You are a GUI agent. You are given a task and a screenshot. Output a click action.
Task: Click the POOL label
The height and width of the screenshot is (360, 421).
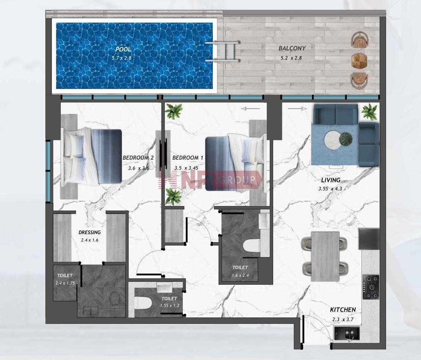[x=123, y=50]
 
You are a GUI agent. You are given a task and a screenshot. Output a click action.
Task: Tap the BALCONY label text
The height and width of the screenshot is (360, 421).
[x=292, y=48]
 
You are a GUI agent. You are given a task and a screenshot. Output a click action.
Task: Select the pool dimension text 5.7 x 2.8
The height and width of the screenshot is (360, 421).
[x=122, y=58]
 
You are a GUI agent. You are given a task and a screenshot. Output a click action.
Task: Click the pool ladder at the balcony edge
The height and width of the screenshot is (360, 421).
[x=223, y=52]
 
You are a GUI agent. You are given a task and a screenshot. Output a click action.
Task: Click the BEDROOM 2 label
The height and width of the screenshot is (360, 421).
[x=138, y=158]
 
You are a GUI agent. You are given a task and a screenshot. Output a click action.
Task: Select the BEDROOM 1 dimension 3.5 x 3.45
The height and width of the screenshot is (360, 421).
[x=186, y=168]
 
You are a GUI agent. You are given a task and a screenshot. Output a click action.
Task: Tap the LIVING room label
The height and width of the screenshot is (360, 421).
[x=331, y=180]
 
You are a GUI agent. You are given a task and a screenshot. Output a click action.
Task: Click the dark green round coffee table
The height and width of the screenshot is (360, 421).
[x=345, y=139]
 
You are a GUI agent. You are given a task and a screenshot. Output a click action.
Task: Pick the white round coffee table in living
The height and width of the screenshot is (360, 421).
[x=333, y=139]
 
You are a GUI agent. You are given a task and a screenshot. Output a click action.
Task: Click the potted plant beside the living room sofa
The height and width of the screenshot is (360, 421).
[x=369, y=111]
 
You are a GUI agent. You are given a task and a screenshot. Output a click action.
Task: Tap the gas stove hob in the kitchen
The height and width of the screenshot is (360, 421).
[x=371, y=287]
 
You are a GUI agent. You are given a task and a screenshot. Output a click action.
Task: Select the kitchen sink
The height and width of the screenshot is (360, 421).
[x=347, y=333]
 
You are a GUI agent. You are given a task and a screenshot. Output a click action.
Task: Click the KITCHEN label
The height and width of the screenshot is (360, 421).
[x=343, y=310]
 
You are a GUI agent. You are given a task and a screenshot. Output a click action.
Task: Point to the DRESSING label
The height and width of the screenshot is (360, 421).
[x=90, y=233]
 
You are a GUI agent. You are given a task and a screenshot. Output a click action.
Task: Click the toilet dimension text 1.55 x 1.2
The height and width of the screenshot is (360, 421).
[x=169, y=305]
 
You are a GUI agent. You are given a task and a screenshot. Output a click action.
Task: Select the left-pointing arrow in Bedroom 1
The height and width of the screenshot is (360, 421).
[x=250, y=109]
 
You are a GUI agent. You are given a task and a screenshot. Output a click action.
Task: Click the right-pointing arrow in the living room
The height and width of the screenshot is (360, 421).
[x=297, y=109]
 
